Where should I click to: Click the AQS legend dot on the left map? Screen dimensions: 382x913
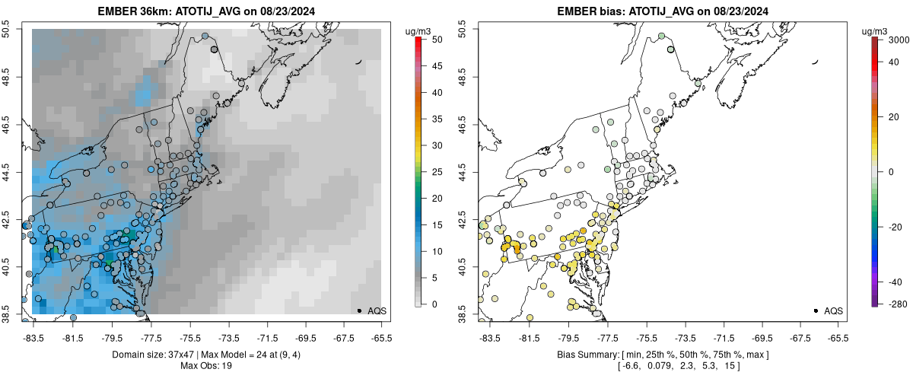click(x=358, y=310)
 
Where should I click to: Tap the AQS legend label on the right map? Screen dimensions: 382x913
click(x=833, y=310)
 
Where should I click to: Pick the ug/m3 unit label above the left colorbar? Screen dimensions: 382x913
click(x=422, y=30)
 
